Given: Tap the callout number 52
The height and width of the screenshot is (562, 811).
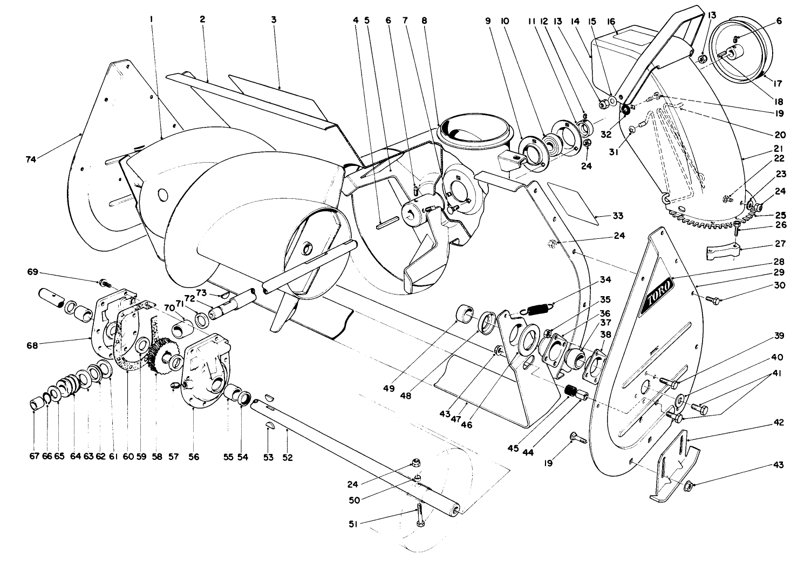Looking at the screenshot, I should click(x=287, y=458).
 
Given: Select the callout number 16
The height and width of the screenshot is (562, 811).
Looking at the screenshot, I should click(x=611, y=21).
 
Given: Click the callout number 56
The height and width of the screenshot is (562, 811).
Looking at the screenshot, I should click(x=194, y=457).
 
